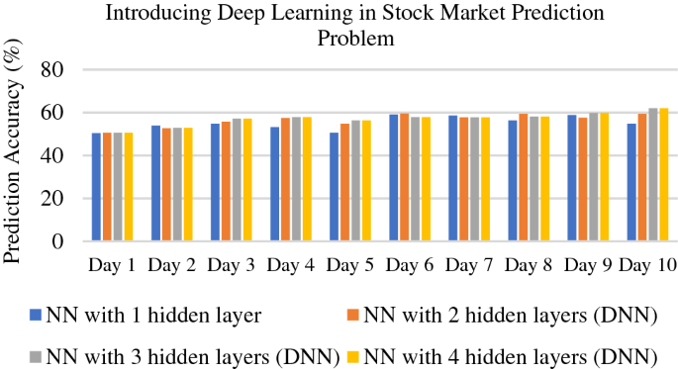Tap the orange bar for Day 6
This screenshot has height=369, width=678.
404,178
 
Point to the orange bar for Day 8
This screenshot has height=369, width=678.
523,178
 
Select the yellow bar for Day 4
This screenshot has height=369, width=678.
307,179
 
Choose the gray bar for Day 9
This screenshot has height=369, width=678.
592,177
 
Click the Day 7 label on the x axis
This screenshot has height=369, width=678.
468,267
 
